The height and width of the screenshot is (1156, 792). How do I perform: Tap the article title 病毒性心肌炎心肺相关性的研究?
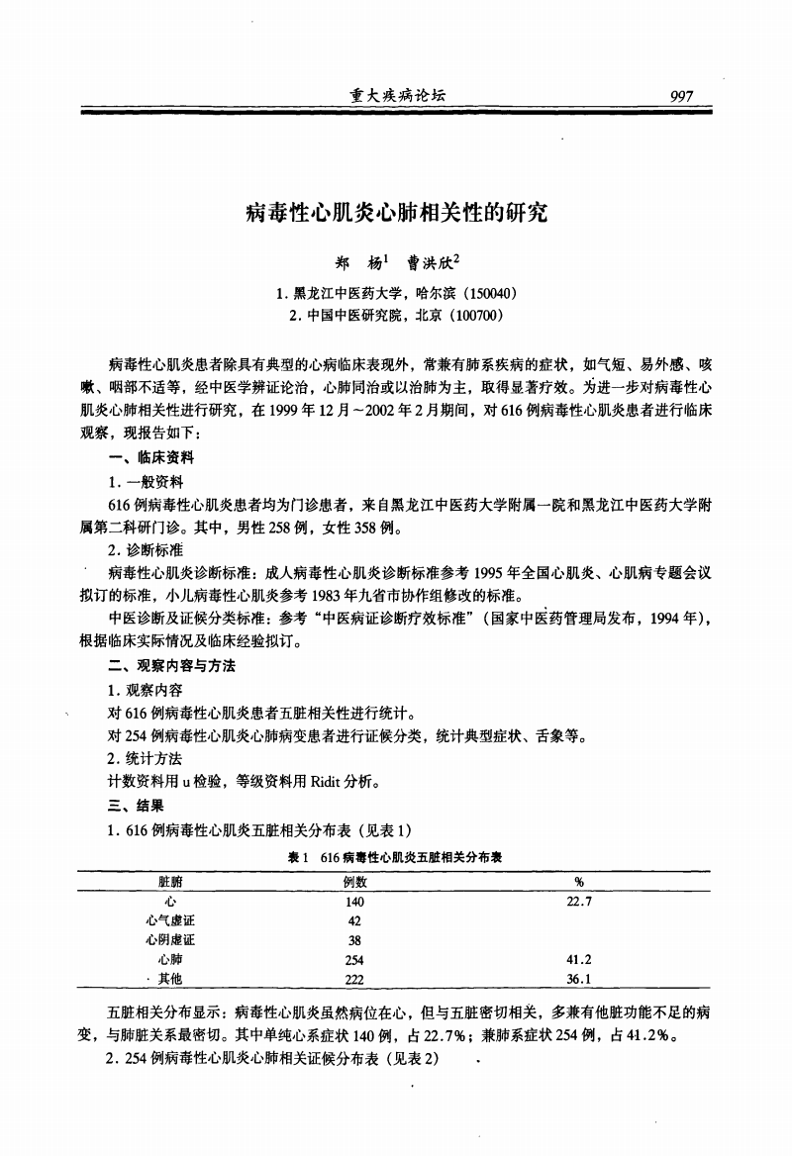396,212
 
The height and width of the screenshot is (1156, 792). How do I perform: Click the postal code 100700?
476,316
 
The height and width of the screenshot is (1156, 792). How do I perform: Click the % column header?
578,881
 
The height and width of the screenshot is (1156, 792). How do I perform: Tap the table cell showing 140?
354,902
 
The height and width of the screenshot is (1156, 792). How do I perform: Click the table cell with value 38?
354,940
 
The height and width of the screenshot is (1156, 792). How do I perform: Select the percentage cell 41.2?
578,960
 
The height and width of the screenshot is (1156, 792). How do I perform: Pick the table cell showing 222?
354,980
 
